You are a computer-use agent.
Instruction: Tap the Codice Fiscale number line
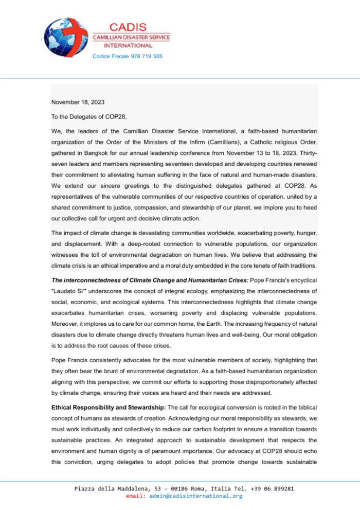tap(128, 56)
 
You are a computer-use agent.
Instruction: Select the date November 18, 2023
tap(78, 103)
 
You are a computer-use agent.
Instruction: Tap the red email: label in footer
tap(136, 496)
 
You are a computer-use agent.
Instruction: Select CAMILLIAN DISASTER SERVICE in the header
tap(131, 37)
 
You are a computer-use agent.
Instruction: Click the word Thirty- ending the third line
tap(305, 153)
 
